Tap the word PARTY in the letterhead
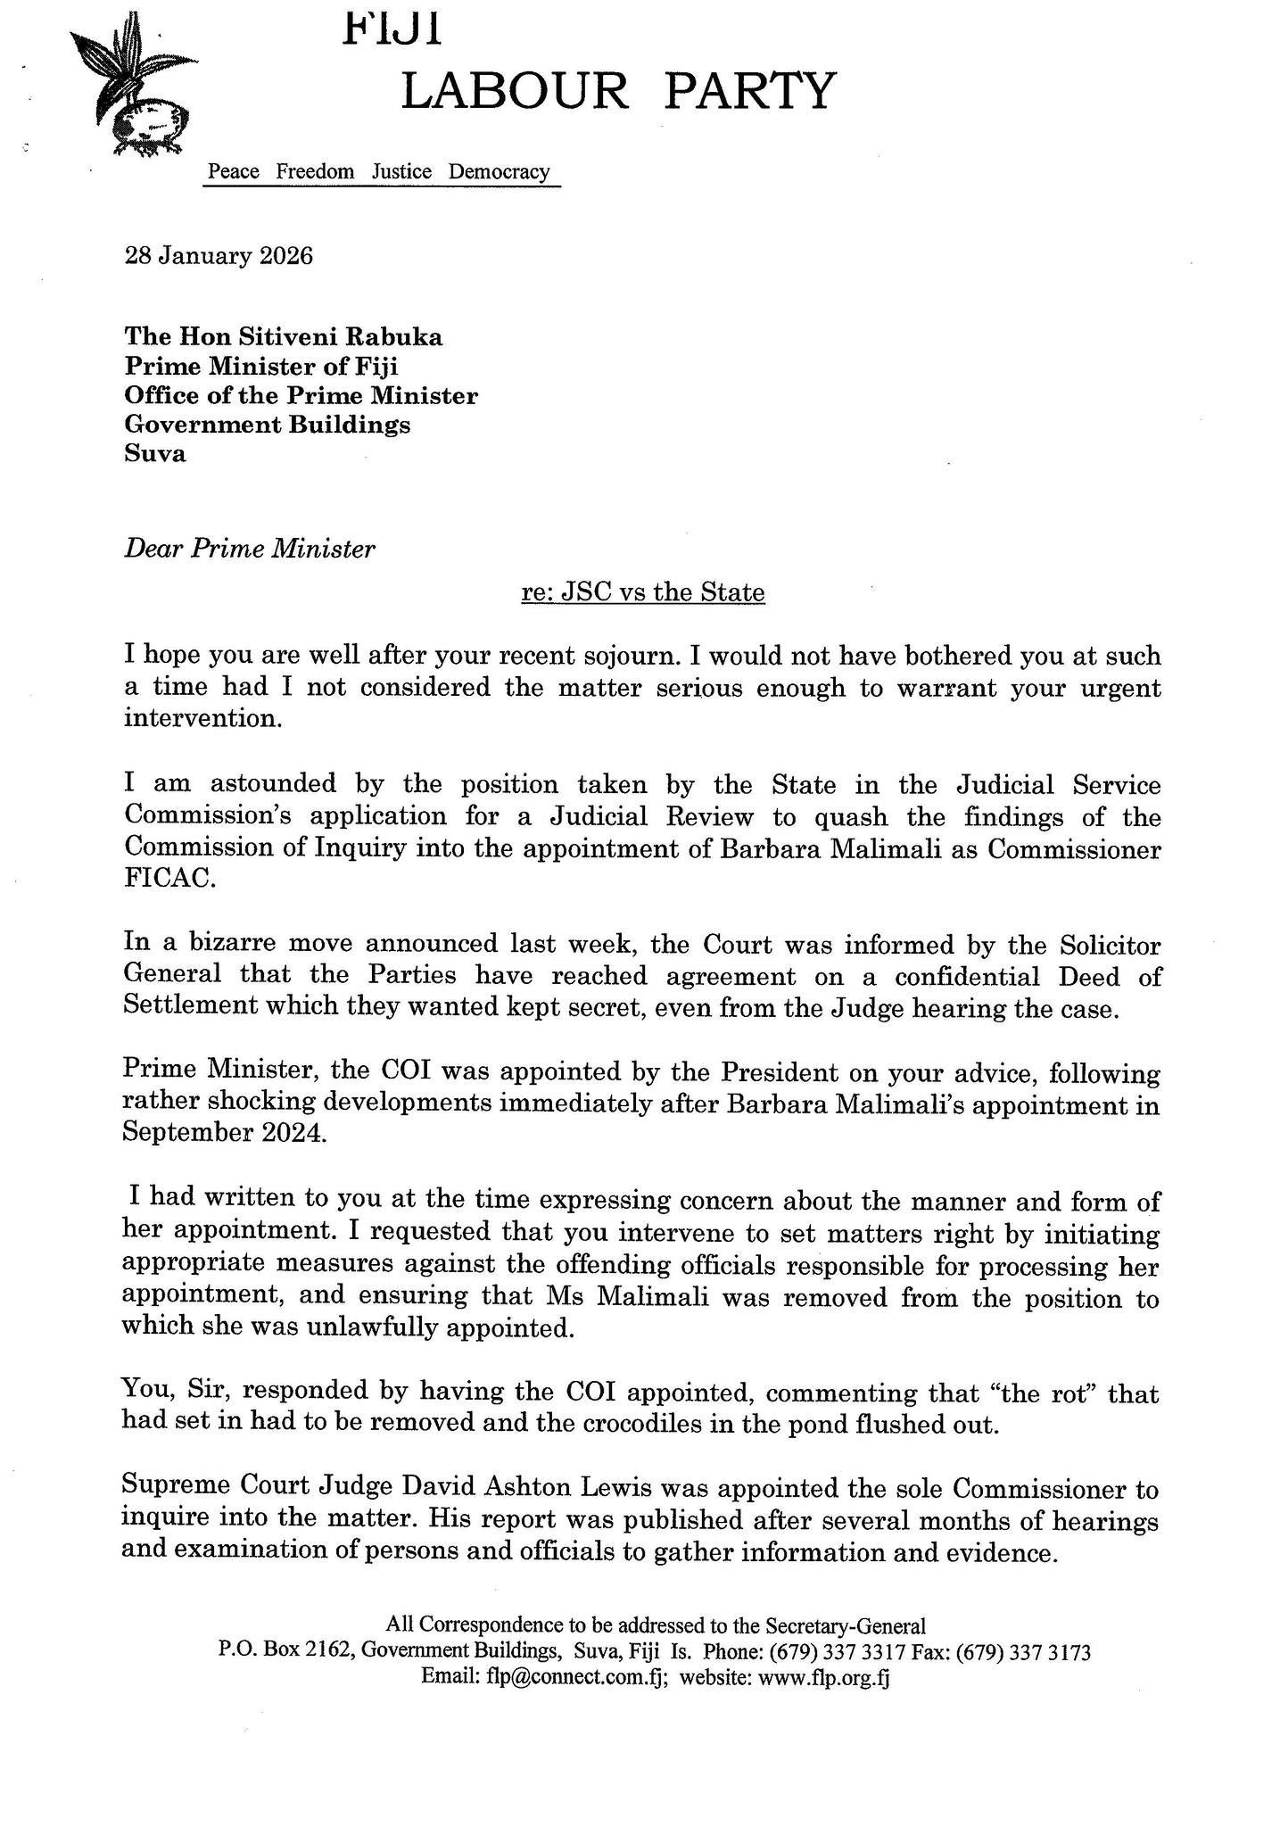(x=750, y=91)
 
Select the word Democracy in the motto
(x=499, y=171)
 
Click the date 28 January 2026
(x=219, y=257)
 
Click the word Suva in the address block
(x=155, y=453)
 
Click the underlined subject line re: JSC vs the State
(x=643, y=592)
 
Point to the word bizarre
(x=235, y=944)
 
